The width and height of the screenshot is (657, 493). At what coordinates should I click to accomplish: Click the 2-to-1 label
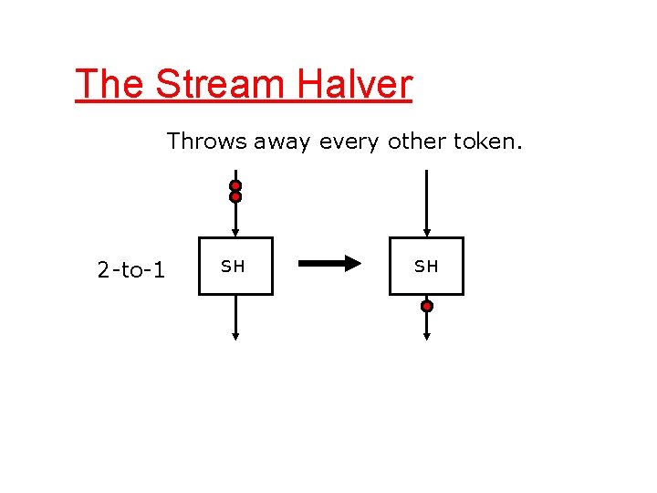coord(130,270)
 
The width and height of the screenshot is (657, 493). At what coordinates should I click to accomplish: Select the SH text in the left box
coord(234,267)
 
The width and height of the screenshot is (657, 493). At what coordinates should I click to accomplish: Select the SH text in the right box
coord(426,267)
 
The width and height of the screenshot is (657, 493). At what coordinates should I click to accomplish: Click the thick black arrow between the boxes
coord(329,265)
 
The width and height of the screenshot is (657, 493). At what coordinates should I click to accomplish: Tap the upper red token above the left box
coord(235,185)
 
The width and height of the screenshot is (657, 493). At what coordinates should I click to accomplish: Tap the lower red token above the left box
coord(235,196)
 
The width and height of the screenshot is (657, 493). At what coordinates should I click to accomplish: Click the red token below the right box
coord(426,307)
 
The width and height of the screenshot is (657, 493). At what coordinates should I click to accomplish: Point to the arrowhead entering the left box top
coord(235,233)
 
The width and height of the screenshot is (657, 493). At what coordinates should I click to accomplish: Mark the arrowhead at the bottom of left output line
coord(235,336)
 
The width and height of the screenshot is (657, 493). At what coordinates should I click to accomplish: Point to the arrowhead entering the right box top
coord(426,233)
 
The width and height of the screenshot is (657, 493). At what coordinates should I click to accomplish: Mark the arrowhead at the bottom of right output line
coord(426,336)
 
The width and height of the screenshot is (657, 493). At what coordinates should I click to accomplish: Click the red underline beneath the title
coord(244,101)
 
